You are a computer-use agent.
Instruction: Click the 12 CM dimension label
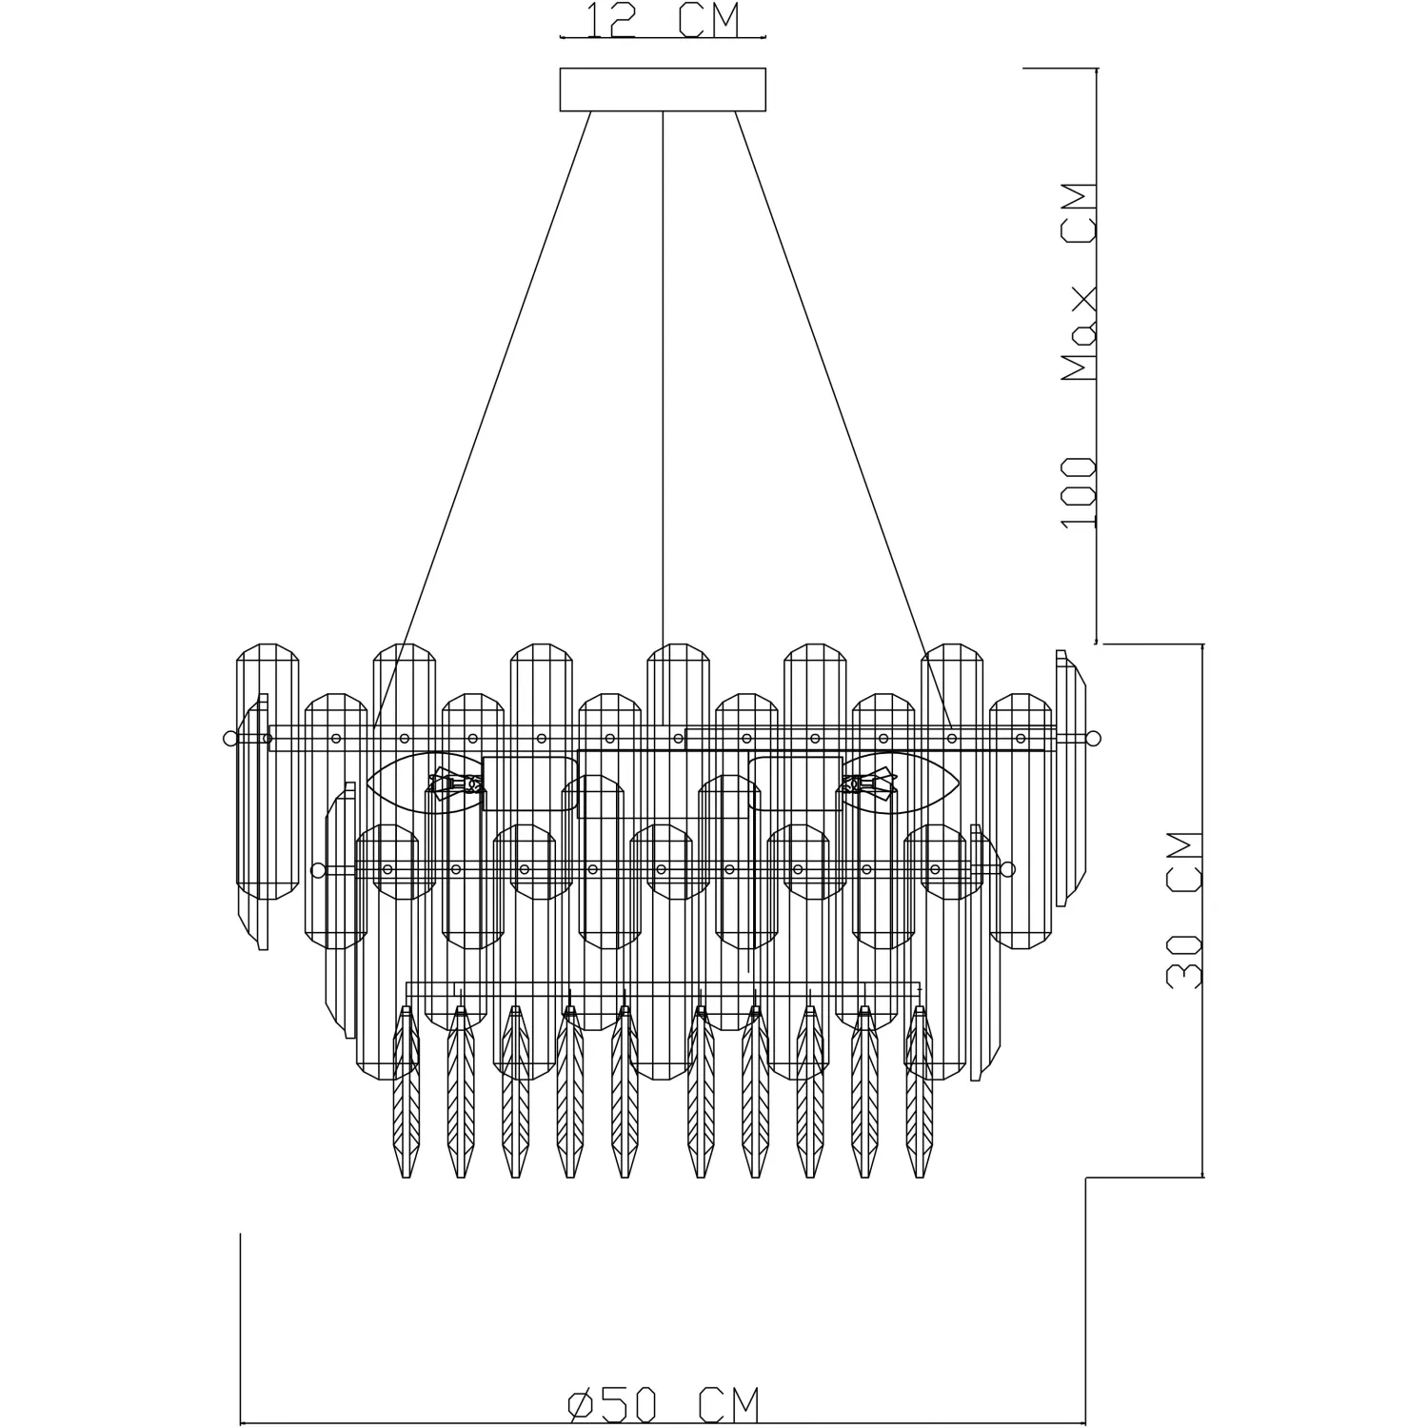pyautogui.click(x=663, y=20)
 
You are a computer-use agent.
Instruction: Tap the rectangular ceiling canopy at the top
pyautogui.click(x=663, y=89)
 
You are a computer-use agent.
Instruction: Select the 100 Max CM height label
pyautogui.click(x=1079, y=355)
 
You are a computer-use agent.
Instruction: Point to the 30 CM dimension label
pyautogui.click(x=1184, y=910)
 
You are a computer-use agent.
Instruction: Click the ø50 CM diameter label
pyautogui.click(x=664, y=1405)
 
